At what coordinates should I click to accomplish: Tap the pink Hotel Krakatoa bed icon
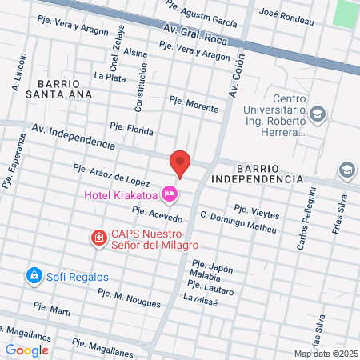(x=169, y=194)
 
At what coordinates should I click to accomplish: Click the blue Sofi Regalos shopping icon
(x=34, y=276)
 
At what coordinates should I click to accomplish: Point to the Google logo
(x=26, y=350)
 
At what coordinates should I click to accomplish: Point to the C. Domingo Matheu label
(x=238, y=222)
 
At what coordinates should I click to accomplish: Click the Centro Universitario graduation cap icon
(x=318, y=114)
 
